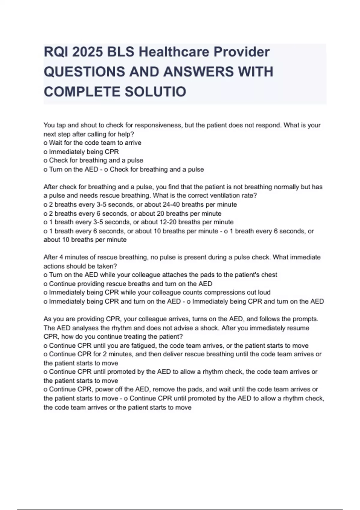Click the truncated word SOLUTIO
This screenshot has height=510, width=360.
[155, 91]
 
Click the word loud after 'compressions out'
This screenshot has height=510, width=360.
[264, 292]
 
